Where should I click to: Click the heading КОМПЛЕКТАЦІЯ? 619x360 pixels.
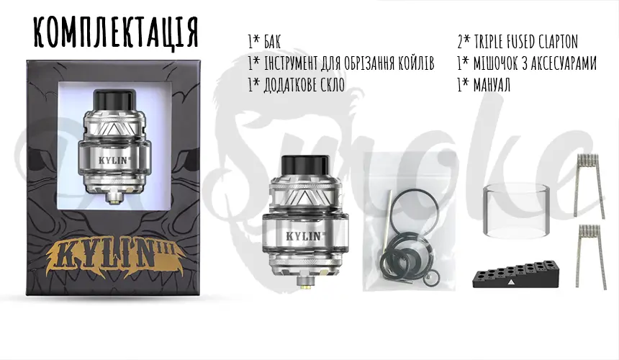pyautogui.click(x=115, y=32)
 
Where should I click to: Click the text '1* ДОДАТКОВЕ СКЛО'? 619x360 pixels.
pyautogui.click(x=296, y=86)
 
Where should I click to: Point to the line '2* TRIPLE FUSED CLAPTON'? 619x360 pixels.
pyautogui.click(x=518, y=42)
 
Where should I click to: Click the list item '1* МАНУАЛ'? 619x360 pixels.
pyautogui.click(x=484, y=86)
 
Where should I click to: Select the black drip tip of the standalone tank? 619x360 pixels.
pyautogui.click(x=303, y=163)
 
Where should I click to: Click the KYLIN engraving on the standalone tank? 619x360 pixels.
pyautogui.click(x=302, y=234)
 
